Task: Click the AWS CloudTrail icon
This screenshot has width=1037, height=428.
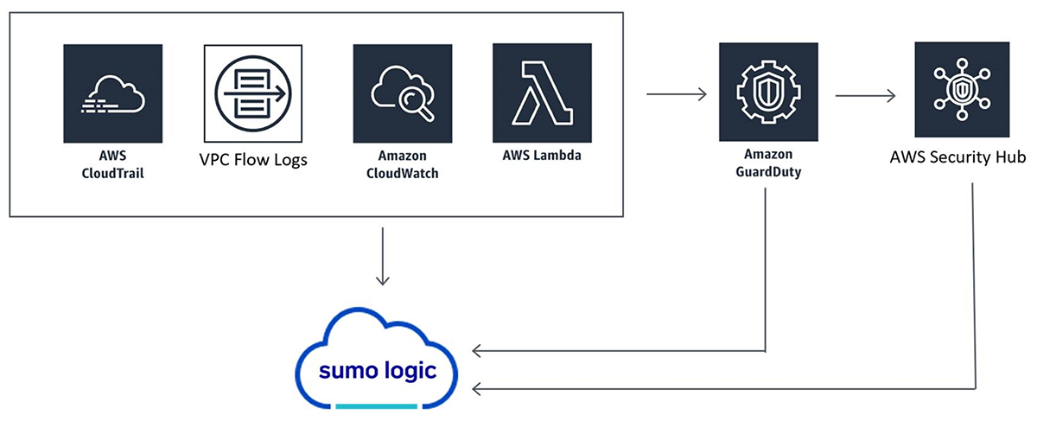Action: click(x=112, y=93)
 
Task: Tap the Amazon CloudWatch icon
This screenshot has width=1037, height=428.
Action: click(x=403, y=93)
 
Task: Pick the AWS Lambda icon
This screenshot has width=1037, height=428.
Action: click(x=542, y=93)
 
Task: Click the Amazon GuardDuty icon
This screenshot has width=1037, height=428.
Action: click(x=768, y=93)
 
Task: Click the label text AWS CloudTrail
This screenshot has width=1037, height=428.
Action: click(x=112, y=166)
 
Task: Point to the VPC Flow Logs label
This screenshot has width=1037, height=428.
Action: click(x=253, y=160)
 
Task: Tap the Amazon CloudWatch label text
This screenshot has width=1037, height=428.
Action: click(x=403, y=166)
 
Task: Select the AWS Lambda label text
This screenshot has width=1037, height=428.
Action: click(x=542, y=157)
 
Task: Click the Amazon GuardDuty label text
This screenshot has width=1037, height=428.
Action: click(x=768, y=166)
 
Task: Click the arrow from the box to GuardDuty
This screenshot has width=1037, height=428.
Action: click(x=677, y=93)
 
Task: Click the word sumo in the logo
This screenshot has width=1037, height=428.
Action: click(x=345, y=373)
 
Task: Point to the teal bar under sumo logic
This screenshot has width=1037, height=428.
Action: click(x=377, y=406)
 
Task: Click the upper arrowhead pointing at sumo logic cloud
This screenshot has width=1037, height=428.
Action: click(x=478, y=351)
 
